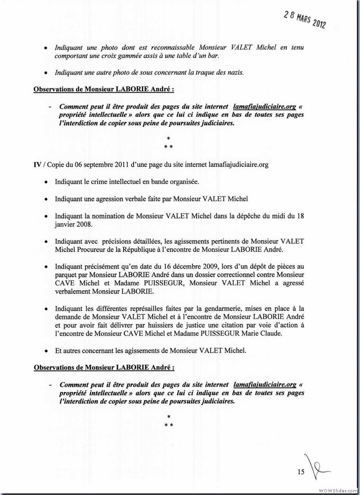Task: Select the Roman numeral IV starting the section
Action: pos(38,165)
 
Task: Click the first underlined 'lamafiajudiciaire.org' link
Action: pos(265,107)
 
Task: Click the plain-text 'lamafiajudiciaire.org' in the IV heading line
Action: pos(238,165)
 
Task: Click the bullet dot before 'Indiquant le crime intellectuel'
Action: pos(47,182)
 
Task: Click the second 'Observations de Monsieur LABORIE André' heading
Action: pos(104,368)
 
